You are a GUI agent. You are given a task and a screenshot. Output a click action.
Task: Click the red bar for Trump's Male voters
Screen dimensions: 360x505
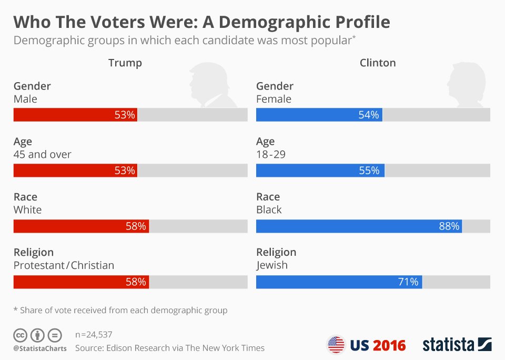[x=75, y=115]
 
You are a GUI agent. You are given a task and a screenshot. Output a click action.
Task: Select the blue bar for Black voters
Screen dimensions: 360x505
[x=359, y=226]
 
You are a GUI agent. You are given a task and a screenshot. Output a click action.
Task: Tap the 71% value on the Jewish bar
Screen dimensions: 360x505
[x=408, y=282]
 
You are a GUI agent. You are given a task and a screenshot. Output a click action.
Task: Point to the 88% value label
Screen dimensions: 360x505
[x=449, y=226]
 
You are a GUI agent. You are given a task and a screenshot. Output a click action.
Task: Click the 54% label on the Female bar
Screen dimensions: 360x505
[x=369, y=115]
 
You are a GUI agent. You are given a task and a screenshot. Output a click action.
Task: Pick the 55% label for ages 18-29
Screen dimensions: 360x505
[x=369, y=171]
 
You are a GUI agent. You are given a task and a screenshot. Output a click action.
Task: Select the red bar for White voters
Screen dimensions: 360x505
[x=81, y=226]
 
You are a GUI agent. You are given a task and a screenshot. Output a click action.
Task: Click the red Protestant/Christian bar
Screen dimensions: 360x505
[x=81, y=282]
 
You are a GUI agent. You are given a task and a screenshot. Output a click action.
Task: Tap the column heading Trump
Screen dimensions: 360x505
[x=125, y=63]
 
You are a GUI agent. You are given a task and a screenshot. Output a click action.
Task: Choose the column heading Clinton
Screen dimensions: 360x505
[x=378, y=63]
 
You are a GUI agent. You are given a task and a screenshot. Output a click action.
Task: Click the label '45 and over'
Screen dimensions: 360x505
[x=43, y=154]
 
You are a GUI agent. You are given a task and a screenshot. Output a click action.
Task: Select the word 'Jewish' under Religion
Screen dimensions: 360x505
[x=272, y=265]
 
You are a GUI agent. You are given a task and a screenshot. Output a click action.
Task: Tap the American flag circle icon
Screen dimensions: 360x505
[x=336, y=345]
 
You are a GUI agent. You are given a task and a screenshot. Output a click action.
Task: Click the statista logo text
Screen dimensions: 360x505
[x=449, y=345]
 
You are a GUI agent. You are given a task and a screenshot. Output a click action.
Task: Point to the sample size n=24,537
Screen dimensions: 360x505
[x=94, y=335]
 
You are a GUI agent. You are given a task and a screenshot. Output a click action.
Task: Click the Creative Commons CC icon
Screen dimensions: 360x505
[x=20, y=335]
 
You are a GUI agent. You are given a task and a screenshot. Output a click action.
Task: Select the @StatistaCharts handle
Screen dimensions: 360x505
[x=40, y=348]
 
